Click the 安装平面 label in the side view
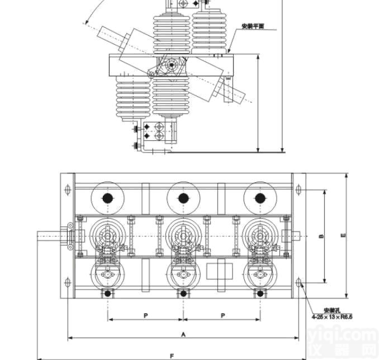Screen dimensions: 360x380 (252, 26)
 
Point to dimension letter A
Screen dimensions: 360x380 (183, 334)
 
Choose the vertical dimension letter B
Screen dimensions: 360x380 (321, 236)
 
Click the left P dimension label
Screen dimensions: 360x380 (145, 315)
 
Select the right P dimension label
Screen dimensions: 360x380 (223, 315)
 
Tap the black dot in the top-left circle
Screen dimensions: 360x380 (107, 198)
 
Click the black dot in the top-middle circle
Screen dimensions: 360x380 (182, 198)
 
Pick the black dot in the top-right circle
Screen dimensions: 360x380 (259, 198)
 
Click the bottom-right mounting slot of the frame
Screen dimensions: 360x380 (298, 282)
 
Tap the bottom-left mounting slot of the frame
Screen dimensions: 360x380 (68, 282)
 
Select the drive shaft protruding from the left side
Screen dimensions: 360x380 (51, 236)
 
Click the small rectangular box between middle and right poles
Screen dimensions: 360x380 (218, 271)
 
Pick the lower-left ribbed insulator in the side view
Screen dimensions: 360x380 (132, 98)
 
